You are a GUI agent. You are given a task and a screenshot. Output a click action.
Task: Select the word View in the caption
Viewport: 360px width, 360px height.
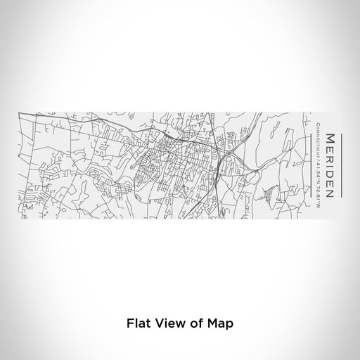pos(168,324)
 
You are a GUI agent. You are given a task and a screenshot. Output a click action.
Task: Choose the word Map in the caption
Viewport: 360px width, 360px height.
pos(219,324)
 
